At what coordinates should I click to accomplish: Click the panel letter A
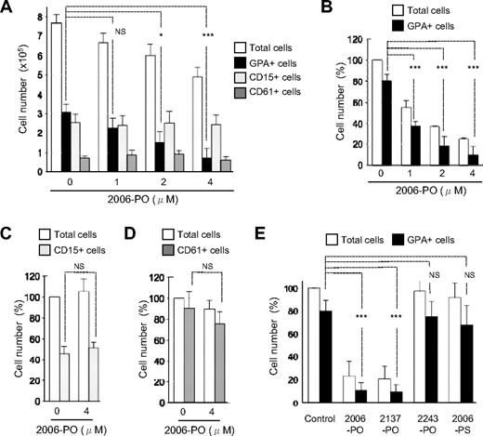coord(8,9)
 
